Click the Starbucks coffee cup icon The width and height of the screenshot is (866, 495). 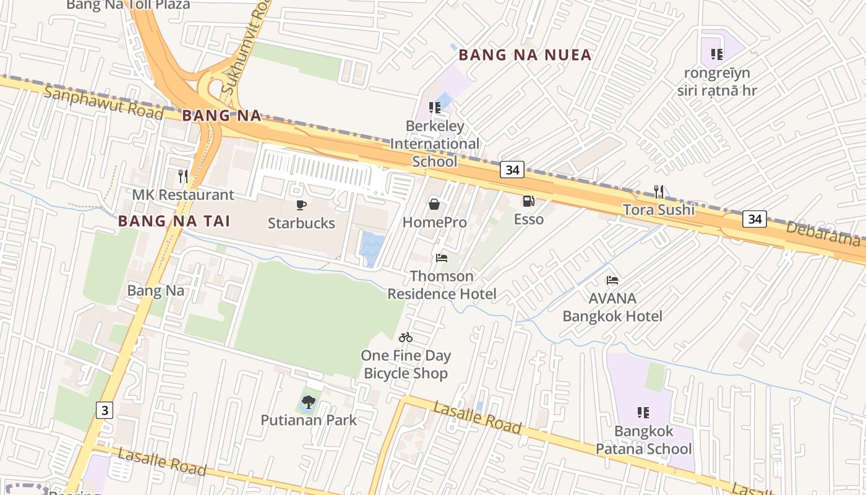(x=301, y=205)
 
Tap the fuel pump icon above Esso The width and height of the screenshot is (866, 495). (x=528, y=200)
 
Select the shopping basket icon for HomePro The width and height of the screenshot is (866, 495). (x=434, y=204)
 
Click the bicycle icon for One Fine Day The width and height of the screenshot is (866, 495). (x=406, y=337)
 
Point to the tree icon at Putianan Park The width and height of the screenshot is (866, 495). (x=308, y=402)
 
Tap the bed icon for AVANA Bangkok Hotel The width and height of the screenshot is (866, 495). (x=612, y=280)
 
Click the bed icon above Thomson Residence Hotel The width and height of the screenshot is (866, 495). (x=442, y=257)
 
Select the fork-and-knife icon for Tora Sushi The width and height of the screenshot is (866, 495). (x=659, y=192)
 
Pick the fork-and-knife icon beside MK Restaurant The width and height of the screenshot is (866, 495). (x=182, y=176)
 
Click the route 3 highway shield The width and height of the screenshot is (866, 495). (x=105, y=410)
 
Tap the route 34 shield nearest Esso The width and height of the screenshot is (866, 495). (x=512, y=170)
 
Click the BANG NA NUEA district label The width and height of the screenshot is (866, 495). (x=525, y=55)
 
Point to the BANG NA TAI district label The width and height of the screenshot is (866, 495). (x=174, y=221)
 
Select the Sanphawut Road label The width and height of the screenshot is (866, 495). (x=103, y=104)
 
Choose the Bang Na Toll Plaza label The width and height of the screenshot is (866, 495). (x=128, y=5)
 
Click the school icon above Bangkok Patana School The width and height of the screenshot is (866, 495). (x=643, y=412)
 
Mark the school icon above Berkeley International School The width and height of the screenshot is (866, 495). (x=435, y=108)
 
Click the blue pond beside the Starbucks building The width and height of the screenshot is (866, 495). (x=372, y=248)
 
